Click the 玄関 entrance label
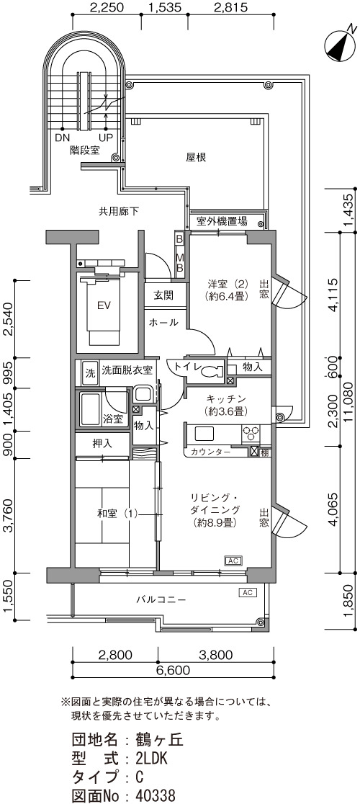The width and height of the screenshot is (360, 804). (x=163, y=295)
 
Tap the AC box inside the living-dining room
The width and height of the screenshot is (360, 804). (x=233, y=560)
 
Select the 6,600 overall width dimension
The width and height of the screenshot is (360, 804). (x=174, y=670)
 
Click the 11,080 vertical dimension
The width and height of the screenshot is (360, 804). (x=351, y=402)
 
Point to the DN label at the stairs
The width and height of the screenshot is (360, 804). (x=63, y=138)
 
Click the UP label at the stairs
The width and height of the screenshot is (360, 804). (x=107, y=138)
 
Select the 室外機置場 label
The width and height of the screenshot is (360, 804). (x=222, y=221)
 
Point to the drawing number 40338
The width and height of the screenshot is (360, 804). (x=156, y=795)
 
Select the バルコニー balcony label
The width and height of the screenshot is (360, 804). (x=161, y=599)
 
